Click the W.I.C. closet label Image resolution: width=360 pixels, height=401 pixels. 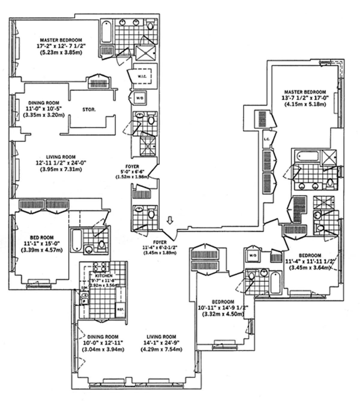pyautogui.click(x=142, y=76)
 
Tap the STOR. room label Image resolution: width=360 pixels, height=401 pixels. pyautogui.click(x=89, y=110)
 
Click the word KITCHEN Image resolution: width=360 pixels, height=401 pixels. pyautogui.click(x=104, y=275)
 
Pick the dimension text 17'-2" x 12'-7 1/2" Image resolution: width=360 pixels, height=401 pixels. pyautogui.click(x=61, y=46)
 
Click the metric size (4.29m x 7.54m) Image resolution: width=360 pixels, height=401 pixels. pyautogui.click(x=161, y=349)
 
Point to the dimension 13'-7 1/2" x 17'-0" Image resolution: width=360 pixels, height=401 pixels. pyautogui.click(x=305, y=98)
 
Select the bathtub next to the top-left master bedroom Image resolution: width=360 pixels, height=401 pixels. pyautogui.click(x=106, y=31)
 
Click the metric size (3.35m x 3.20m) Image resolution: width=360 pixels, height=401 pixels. pyautogui.click(x=44, y=114)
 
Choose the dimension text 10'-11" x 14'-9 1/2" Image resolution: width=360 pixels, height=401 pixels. pyautogui.click(x=223, y=308)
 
